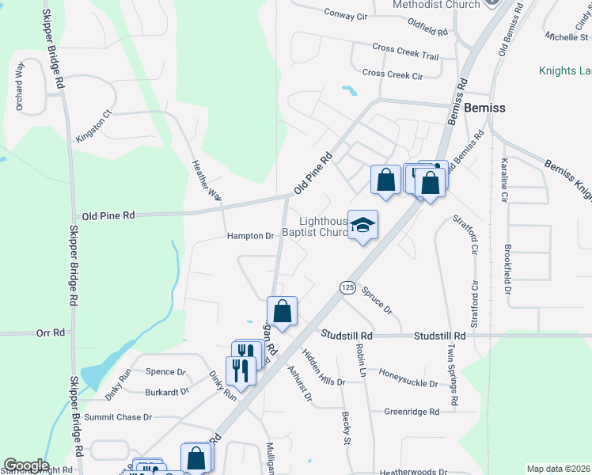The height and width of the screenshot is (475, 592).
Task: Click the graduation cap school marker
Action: [362, 226]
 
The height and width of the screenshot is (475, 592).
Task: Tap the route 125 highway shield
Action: [347, 287]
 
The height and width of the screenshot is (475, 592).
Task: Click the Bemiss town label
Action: [485, 108]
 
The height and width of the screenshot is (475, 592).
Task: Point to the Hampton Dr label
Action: [249, 236]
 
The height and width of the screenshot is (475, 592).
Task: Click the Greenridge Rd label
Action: [412, 412]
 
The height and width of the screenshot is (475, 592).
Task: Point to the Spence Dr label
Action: [165, 372]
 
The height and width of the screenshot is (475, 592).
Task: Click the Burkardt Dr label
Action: [167, 391]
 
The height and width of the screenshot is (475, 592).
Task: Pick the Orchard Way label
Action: [19, 86]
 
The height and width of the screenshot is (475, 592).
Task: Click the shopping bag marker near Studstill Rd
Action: [283, 311]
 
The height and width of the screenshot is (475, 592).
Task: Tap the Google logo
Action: [26, 465]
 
